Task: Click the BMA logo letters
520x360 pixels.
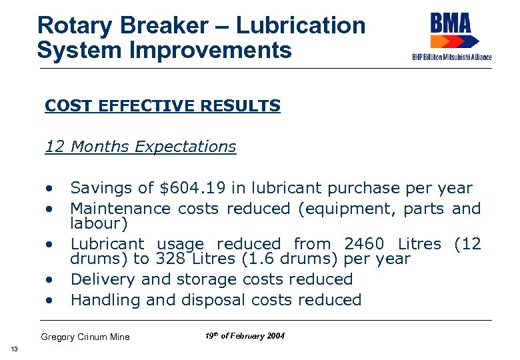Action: [x=450, y=23]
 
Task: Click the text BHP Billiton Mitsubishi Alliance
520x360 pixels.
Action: [x=452, y=57]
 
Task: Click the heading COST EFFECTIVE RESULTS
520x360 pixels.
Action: [x=163, y=106]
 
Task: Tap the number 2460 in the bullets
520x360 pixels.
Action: [x=364, y=244]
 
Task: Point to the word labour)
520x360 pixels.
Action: [x=99, y=223]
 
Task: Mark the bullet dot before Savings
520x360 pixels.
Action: [x=49, y=189]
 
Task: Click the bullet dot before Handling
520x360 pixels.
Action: [x=49, y=301]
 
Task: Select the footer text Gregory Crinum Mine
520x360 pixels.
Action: [x=85, y=337]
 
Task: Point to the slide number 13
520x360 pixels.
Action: [x=14, y=350]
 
